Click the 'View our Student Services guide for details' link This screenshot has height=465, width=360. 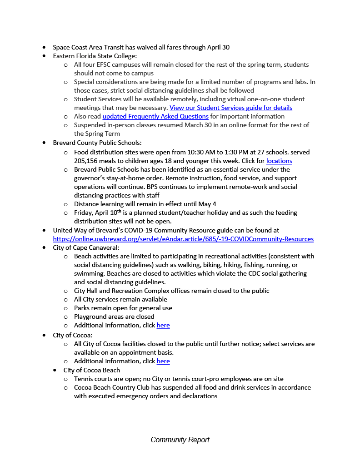[x=231, y=108]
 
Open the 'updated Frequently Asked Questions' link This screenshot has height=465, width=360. [x=155, y=116]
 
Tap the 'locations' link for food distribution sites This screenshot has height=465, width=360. [x=279, y=161]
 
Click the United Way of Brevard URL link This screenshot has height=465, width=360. [x=183, y=239]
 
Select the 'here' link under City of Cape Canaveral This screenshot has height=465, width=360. [x=163, y=325]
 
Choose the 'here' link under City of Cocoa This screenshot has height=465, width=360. [x=163, y=361]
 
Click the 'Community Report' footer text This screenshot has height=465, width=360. [x=180, y=440]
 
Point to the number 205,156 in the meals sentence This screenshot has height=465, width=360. [x=89, y=161]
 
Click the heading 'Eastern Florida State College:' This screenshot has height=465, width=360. [x=95, y=56]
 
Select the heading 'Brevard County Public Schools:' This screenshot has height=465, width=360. [x=97, y=143]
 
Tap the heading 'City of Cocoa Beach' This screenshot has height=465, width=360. [x=92, y=370]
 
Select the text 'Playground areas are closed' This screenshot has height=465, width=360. [x=114, y=317]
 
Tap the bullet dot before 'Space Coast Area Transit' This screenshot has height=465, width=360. [x=44, y=47]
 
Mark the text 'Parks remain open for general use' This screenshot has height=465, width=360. [x=123, y=308]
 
